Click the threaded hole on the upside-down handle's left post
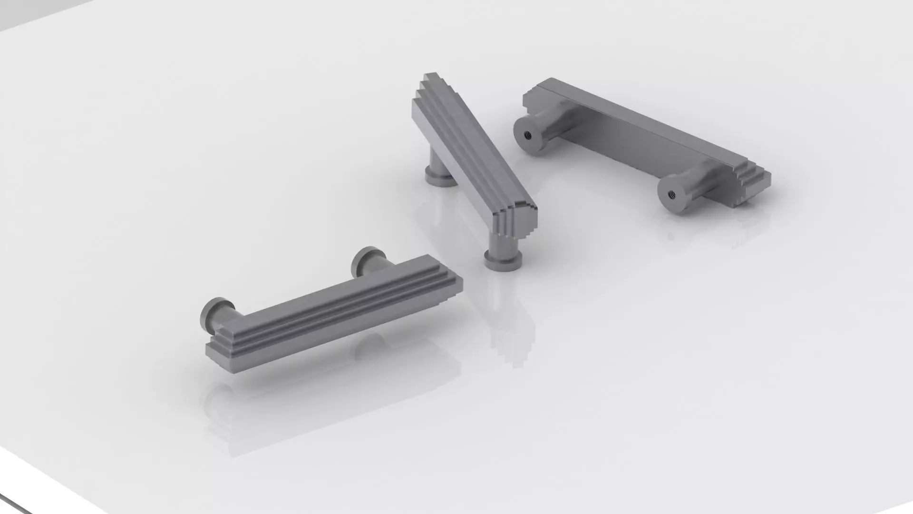(x=527, y=135)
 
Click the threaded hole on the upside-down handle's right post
(x=672, y=193)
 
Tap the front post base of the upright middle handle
(x=503, y=262)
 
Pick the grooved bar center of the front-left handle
(x=333, y=312)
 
